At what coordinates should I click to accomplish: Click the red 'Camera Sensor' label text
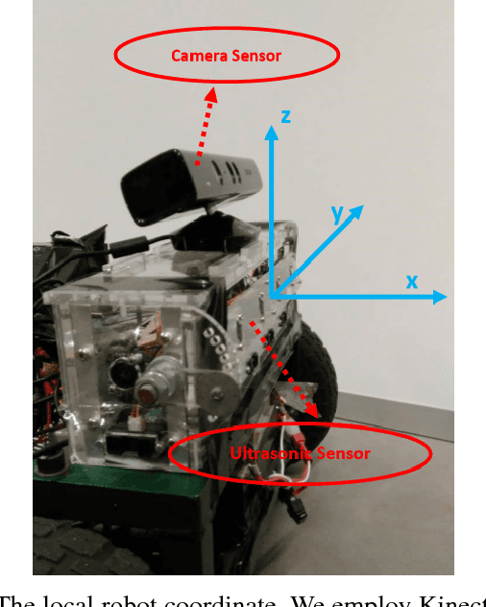tap(226, 56)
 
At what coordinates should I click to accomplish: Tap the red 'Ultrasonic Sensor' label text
tap(299, 452)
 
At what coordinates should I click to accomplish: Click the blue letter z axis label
tap(285, 116)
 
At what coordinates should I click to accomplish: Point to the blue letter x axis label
tap(411, 281)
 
